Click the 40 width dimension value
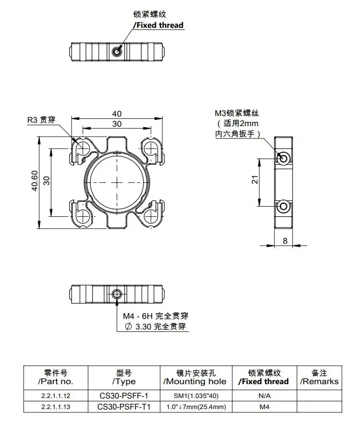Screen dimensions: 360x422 (x=117, y=114)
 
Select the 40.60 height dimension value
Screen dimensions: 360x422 (x=35, y=181)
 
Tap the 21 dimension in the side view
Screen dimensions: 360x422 (x=255, y=179)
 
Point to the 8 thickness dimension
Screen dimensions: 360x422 (x=285, y=241)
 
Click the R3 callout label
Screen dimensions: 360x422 (x=41, y=119)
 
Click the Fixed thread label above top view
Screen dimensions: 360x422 (x=158, y=25)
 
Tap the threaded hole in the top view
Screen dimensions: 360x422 (x=117, y=51)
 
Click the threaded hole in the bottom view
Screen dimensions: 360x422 (x=117, y=294)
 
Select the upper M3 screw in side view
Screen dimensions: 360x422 (x=284, y=158)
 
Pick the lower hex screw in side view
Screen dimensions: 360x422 (x=284, y=206)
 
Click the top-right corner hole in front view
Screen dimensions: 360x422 (x=151, y=148)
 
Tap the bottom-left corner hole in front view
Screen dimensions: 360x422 (x=83, y=216)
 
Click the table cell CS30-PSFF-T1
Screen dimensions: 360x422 (x=124, y=407)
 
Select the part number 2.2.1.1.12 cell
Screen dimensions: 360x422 (x=56, y=396)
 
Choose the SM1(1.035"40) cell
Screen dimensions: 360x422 (x=196, y=396)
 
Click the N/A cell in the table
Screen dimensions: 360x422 (x=264, y=396)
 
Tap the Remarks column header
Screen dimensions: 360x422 (x=319, y=377)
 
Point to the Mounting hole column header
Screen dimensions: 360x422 (x=196, y=377)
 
